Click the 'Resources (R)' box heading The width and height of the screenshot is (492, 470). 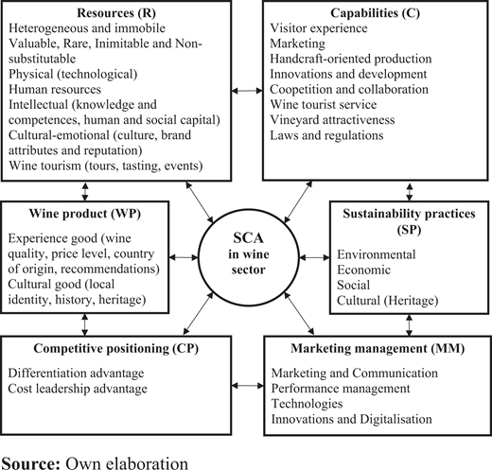[x=116, y=13]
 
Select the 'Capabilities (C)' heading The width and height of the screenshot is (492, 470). [x=375, y=13]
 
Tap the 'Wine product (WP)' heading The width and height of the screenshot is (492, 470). [x=85, y=214]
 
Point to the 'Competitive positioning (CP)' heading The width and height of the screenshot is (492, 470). [x=116, y=349]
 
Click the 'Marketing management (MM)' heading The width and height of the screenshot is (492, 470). [x=378, y=349]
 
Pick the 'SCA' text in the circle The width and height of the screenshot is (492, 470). [x=248, y=238]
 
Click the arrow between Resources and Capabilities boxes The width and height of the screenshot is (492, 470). [x=247, y=91]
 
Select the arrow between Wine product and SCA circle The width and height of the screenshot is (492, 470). [x=184, y=257]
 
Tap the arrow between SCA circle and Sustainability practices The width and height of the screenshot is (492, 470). [x=314, y=258]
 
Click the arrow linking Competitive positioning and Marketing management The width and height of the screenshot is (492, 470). [x=248, y=385]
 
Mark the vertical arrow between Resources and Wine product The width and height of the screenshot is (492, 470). [x=85, y=191]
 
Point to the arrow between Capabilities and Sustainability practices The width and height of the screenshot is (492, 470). [x=410, y=192]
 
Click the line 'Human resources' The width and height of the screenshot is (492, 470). [x=55, y=90]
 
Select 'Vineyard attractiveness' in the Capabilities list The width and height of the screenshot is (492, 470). [x=332, y=120]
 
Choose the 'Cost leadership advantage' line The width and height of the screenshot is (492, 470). [x=78, y=389]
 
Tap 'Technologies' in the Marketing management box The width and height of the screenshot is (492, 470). [x=307, y=404]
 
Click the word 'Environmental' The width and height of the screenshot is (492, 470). [x=377, y=254]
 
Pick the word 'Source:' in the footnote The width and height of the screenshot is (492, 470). [x=30, y=463]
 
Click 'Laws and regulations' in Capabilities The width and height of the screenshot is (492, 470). [x=326, y=135]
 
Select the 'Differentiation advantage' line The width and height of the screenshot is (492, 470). [x=76, y=374]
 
